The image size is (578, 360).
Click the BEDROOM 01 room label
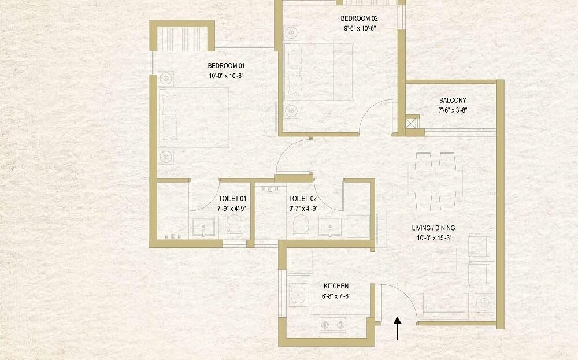(x=226, y=66)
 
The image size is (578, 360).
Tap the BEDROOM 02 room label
(x=359, y=18)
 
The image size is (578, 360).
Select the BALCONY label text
(x=453, y=100)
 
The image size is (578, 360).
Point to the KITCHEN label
(x=336, y=286)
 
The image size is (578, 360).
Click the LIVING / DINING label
(x=433, y=228)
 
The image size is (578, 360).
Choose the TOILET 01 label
(x=232, y=199)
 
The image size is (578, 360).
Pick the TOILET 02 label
(x=303, y=199)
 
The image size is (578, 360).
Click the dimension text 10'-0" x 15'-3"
(x=434, y=237)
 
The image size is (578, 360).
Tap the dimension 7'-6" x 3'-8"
(x=453, y=110)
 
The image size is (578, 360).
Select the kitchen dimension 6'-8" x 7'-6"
(x=336, y=295)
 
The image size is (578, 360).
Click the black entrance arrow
(x=398, y=328)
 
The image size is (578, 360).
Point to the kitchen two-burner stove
(x=332, y=325)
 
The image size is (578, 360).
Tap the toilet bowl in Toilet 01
(x=234, y=224)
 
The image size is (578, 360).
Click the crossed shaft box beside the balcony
(x=413, y=121)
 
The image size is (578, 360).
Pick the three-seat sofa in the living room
(x=444, y=305)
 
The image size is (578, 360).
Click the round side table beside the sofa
(x=484, y=303)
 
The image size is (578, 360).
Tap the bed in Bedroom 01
(x=193, y=117)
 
